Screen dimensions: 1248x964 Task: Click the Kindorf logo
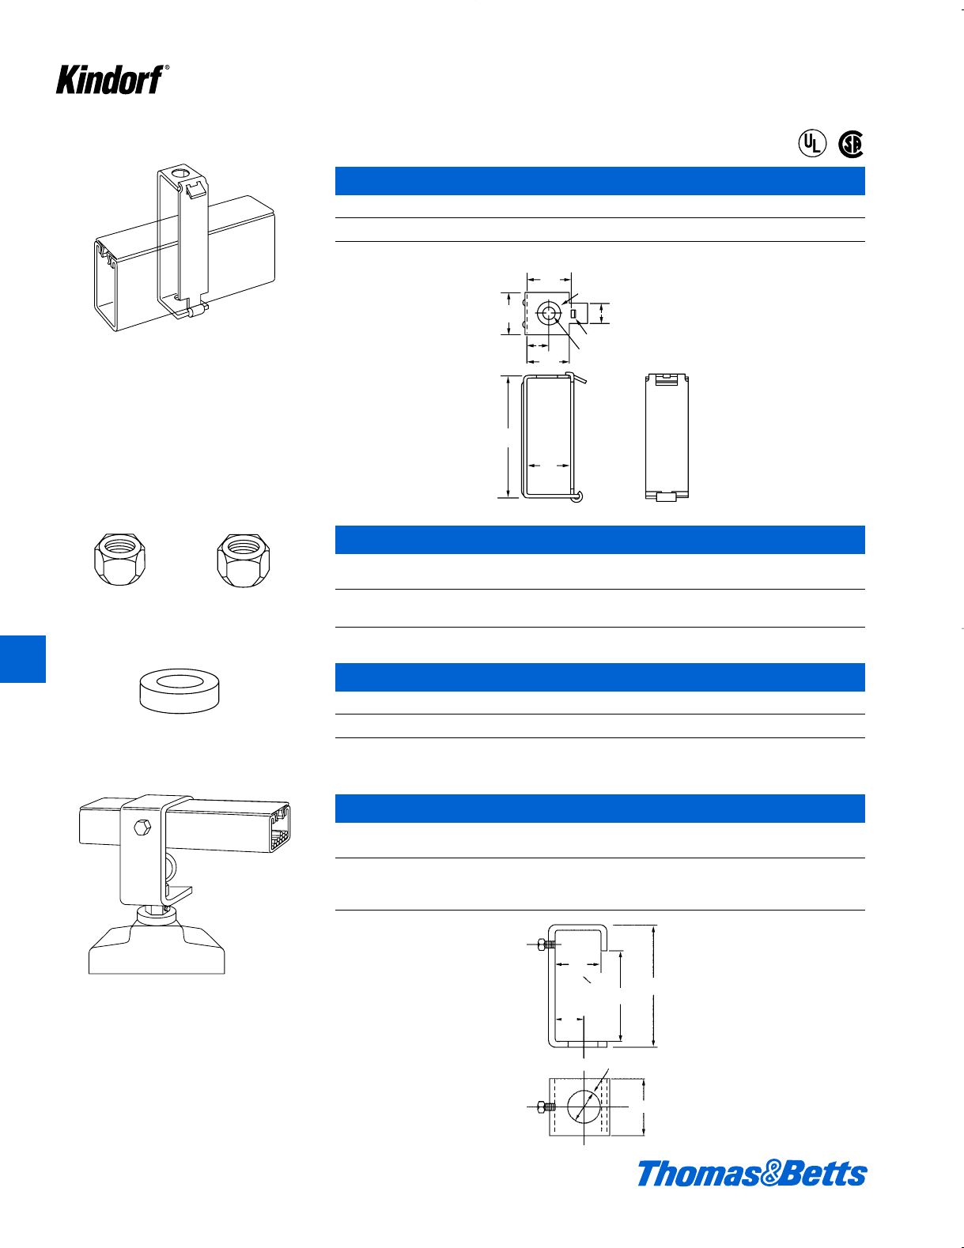tap(111, 80)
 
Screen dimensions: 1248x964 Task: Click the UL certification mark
tap(811, 144)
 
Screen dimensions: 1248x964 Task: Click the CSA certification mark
tap(851, 144)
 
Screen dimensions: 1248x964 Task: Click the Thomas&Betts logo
tap(751, 1173)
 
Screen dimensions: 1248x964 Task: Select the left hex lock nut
tap(119, 559)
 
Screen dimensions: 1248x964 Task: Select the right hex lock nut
tap(241, 559)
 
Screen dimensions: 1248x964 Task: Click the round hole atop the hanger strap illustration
tap(180, 173)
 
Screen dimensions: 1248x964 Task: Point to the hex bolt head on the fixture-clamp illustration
tap(142, 828)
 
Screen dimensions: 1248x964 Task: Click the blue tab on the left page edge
tap(22, 658)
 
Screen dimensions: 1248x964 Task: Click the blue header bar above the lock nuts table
tap(599, 540)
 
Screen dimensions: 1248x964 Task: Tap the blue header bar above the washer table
tap(599, 677)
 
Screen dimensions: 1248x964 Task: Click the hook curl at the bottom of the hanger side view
tap(579, 496)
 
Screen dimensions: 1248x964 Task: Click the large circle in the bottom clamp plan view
tap(583, 1107)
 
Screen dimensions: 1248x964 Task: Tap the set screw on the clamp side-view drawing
tap(546, 944)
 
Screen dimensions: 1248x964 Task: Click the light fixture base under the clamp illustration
tap(157, 948)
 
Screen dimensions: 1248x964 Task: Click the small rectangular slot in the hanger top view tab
tap(574, 315)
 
